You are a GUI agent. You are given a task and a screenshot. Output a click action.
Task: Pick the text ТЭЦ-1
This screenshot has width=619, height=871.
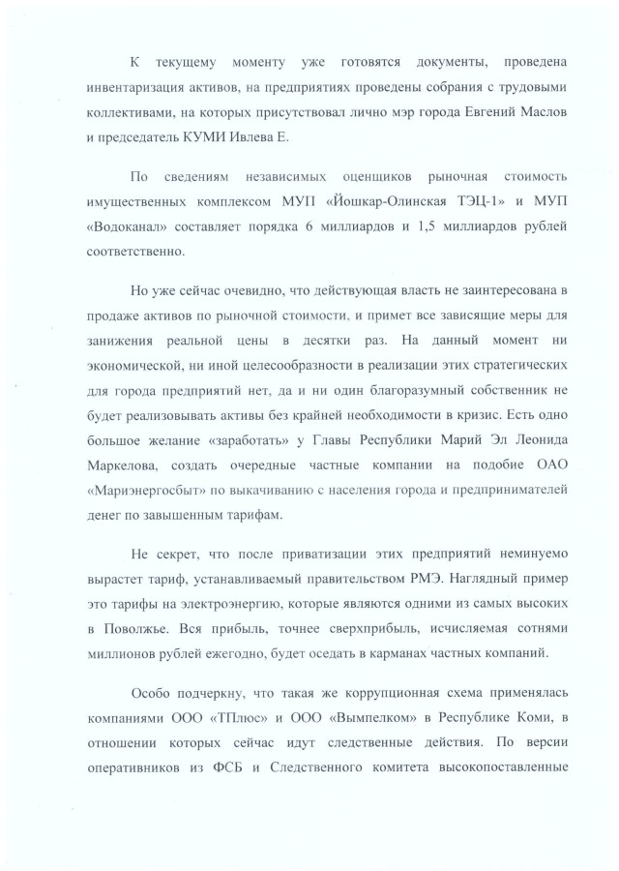point(458,202)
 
